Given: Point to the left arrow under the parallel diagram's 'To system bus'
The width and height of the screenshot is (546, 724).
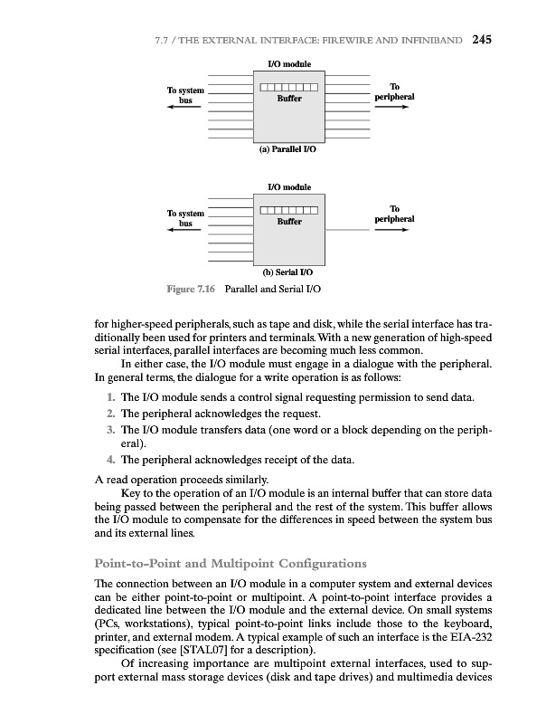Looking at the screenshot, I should pyautogui.click(x=185, y=107).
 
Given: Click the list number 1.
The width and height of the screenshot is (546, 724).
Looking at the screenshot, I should pyautogui.click(x=108, y=397).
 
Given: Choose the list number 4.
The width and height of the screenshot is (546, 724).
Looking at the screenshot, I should pyautogui.click(x=108, y=461).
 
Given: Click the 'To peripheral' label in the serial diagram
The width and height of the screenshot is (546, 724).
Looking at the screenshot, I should pyautogui.click(x=394, y=213).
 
